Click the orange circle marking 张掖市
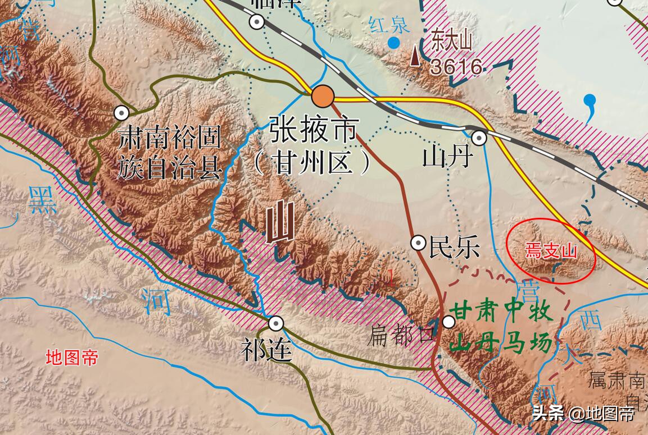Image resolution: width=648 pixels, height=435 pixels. [323, 97]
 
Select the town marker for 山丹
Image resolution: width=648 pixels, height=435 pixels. [479, 137]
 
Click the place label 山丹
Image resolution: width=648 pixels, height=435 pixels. [447, 158]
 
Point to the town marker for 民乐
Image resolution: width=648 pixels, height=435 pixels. [418, 242]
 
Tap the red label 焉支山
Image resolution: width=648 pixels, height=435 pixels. [551, 251]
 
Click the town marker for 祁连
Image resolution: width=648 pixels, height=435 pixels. [276, 323]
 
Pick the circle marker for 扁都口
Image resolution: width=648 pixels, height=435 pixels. [448, 322]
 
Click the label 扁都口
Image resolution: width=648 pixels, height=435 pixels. [401, 336]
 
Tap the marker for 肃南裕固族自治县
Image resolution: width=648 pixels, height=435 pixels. [121, 113]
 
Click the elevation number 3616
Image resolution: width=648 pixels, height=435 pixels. [456, 67]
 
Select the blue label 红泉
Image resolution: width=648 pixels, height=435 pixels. [389, 24]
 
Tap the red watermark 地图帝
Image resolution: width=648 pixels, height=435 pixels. [72, 357]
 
